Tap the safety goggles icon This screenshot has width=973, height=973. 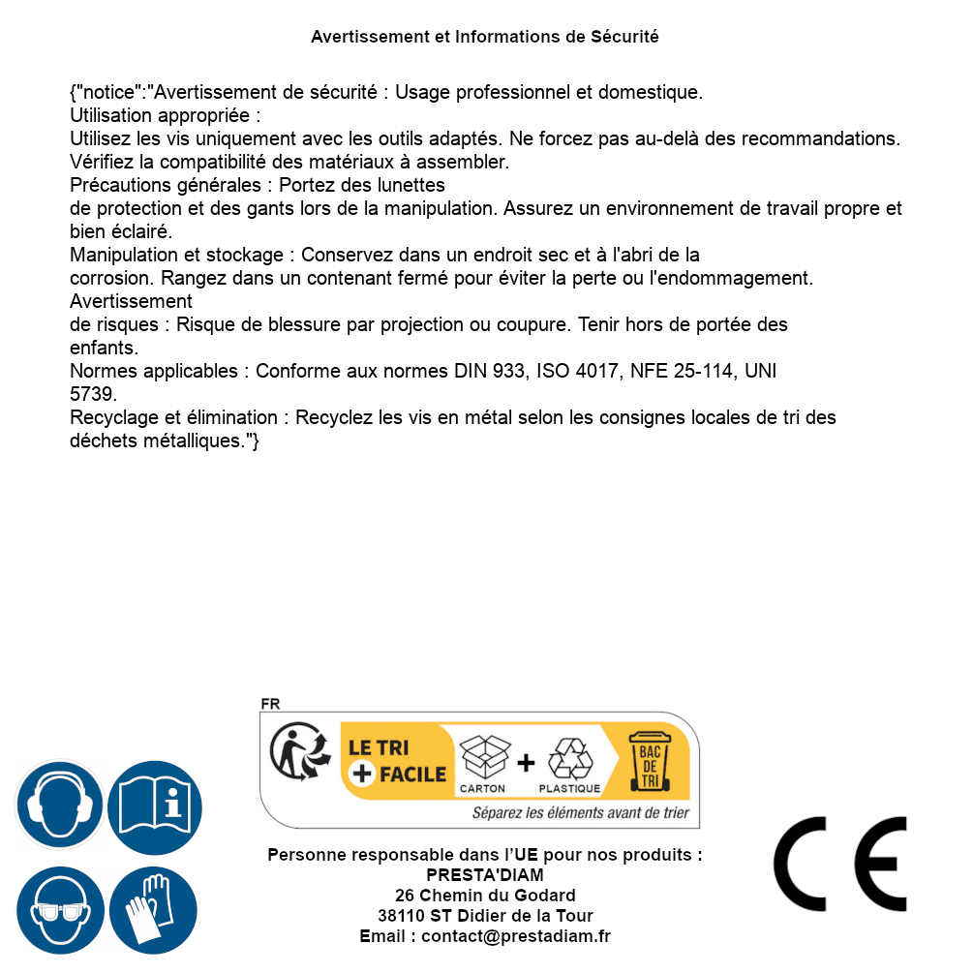pos(59,911)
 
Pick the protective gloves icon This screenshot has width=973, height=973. pos(153,911)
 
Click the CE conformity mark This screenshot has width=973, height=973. pos(840,865)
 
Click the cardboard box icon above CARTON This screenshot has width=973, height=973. pos(483,758)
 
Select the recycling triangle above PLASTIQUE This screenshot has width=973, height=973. pos(569,758)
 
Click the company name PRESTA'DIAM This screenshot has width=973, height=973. pos(484,875)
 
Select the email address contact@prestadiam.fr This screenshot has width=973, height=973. pos(516,936)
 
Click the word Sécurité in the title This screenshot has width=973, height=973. pos(624,37)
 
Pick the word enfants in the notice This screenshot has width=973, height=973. pos(103,347)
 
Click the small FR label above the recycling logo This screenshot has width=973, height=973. pos(270,704)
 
